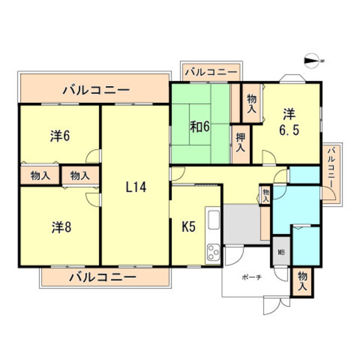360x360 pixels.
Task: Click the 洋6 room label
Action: click(59, 136)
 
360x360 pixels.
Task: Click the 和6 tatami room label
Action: click(199, 127)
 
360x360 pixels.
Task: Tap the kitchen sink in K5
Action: click(214, 219)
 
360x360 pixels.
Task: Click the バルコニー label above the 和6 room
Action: click(211, 72)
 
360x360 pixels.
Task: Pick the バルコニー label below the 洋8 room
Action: click(103, 277)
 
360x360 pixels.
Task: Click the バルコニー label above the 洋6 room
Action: click(96, 89)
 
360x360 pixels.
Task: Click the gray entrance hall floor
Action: click(243, 223)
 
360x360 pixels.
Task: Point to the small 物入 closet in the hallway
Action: click(265, 195)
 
